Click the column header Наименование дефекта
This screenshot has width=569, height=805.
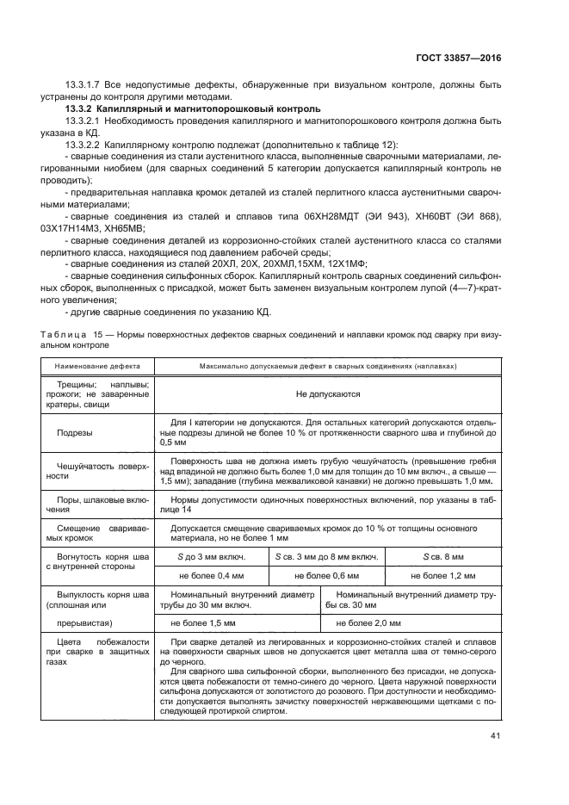click(94, 365)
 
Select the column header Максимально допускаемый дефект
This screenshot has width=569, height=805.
click(327, 365)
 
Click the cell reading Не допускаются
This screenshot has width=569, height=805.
click(327, 393)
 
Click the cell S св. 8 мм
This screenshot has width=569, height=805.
click(442, 557)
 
